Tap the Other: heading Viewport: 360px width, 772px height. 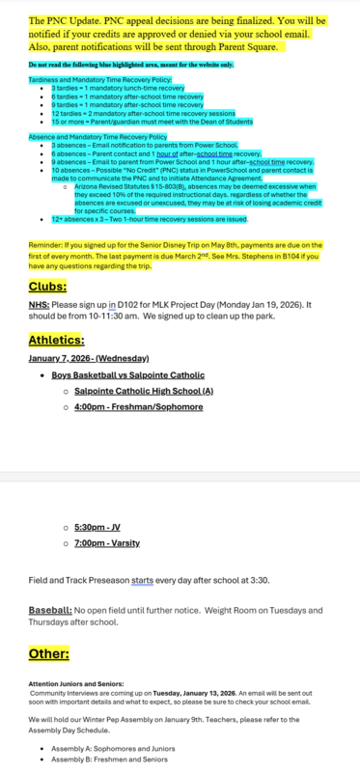click(48, 653)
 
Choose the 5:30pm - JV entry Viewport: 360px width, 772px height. click(97, 529)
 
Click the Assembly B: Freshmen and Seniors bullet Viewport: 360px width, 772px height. click(102, 759)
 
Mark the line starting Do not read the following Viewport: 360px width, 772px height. click(130, 64)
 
